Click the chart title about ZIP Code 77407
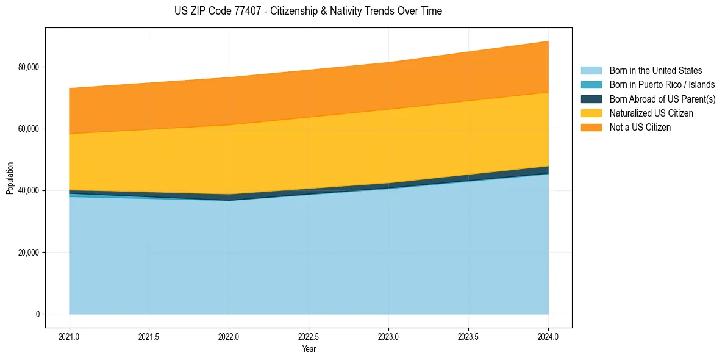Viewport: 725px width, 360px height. (308, 11)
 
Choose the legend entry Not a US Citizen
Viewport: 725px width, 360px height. (640, 127)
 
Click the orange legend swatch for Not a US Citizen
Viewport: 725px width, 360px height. (591, 127)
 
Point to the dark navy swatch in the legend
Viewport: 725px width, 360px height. (591, 99)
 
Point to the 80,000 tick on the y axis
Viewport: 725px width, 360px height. (27, 67)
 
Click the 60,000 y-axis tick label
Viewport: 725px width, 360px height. (27, 129)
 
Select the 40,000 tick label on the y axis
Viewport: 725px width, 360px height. (27, 190)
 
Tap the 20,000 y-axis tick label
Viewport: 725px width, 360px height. (27, 253)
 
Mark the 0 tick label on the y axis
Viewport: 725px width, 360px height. (37, 314)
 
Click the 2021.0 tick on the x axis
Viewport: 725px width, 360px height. (70, 336)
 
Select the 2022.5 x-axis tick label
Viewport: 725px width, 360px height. (309, 336)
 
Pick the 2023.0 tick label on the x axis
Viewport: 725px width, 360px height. (388, 336)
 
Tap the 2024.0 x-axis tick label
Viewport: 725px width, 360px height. (548, 336)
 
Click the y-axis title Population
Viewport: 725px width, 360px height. (10, 178)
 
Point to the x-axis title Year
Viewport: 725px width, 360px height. (309, 349)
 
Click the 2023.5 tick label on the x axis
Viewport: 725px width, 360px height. (468, 336)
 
